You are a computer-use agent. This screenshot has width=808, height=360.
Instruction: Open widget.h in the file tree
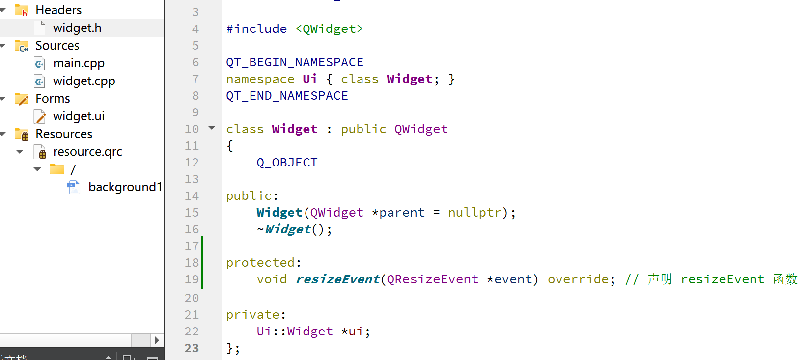[x=77, y=28]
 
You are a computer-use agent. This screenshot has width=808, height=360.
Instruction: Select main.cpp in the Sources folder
[x=79, y=63]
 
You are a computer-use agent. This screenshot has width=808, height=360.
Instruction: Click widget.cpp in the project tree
[x=84, y=81]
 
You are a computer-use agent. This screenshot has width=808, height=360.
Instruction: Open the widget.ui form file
[x=79, y=116]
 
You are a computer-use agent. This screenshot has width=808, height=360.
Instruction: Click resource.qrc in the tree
[x=87, y=152]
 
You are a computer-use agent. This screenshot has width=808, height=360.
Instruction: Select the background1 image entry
[x=125, y=187]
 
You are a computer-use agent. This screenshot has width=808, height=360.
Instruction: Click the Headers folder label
[x=58, y=10]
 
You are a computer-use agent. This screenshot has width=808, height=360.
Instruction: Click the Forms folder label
[x=53, y=99]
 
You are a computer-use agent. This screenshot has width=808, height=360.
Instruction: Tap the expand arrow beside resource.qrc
[x=20, y=152]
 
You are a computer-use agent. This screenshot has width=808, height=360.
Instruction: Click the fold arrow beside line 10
[x=212, y=128]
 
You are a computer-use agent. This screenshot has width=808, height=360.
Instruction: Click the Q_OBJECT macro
[x=287, y=163]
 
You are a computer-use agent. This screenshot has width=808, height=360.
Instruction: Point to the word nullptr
[x=474, y=213]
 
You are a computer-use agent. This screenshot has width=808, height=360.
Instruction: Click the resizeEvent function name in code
[x=337, y=279]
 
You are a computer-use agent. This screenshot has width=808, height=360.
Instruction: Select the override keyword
[x=578, y=279]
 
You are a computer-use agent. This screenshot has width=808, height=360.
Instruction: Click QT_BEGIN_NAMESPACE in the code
[x=295, y=62]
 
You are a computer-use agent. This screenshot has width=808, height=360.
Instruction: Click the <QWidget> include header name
[x=329, y=29]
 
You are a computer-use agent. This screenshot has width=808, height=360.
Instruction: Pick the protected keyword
[x=261, y=263]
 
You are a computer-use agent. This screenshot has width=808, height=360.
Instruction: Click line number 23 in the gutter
[x=192, y=348]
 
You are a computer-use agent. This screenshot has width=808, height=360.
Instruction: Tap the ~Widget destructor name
[x=288, y=229]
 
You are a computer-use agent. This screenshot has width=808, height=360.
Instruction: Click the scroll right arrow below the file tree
[x=157, y=340]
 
